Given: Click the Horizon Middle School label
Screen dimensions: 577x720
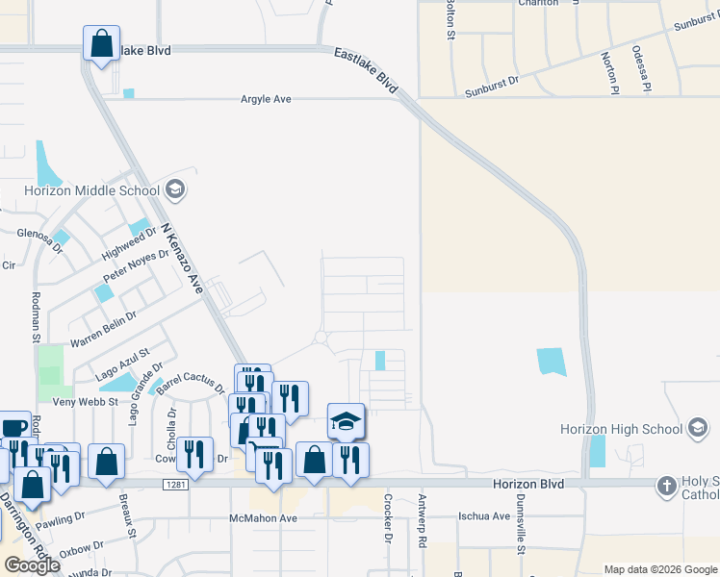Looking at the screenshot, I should [79, 190].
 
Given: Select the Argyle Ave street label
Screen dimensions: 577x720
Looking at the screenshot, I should [266, 99].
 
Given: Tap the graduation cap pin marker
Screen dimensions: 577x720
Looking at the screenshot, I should [347, 421].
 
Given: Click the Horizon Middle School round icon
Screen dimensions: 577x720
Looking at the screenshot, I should [174, 189].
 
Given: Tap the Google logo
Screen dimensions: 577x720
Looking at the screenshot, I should [31, 564].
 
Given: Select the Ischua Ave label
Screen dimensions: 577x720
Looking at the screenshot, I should [484, 516].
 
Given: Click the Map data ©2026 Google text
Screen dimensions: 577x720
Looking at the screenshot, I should [660, 569].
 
